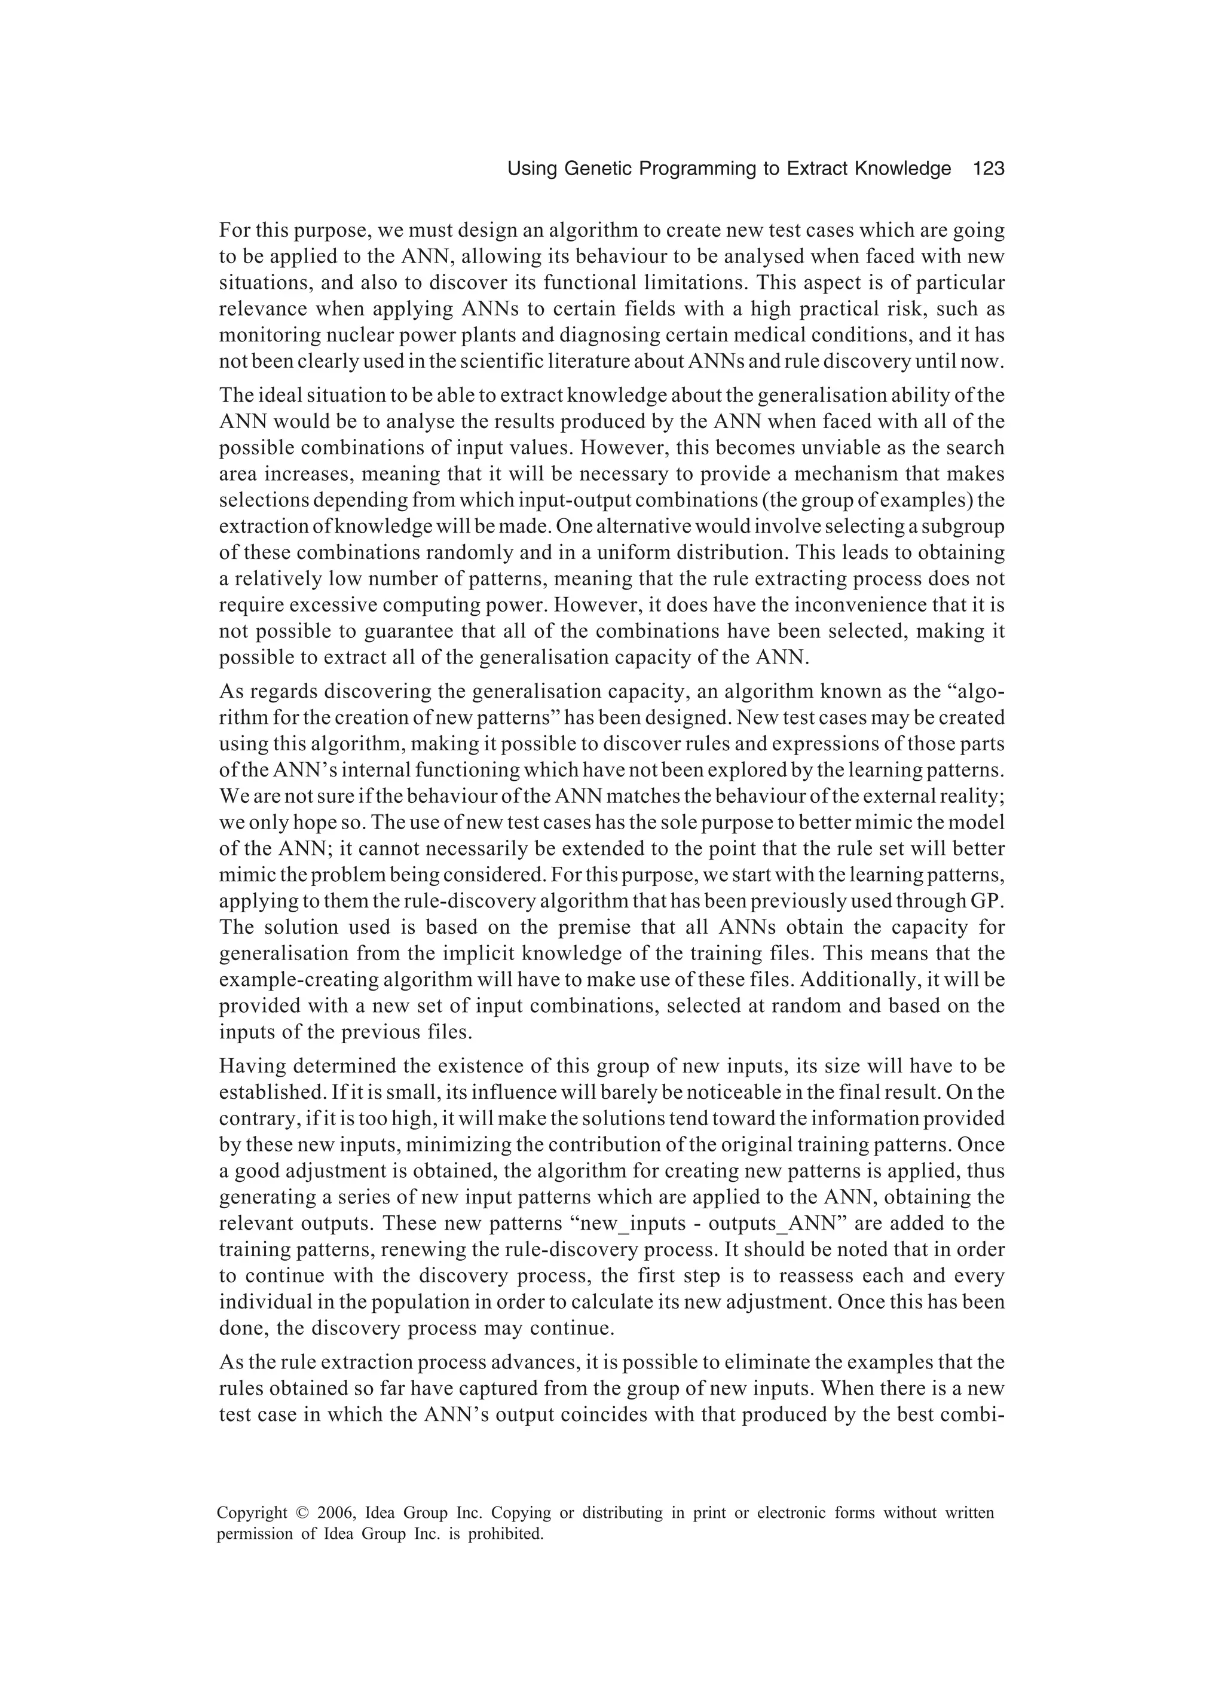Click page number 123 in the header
click(989, 169)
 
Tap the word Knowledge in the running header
click(905, 169)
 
